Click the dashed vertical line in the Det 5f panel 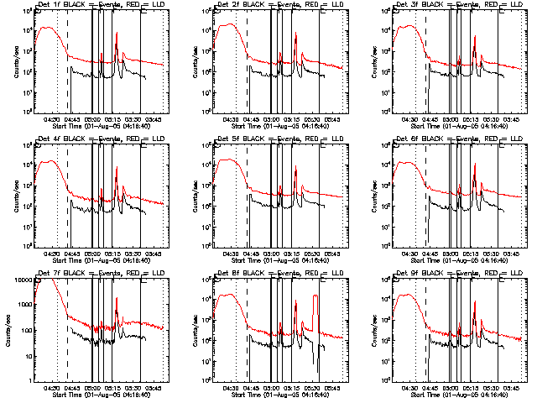pyautogui.click(x=247, y=193)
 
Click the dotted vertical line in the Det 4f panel pyautogui.click(x=57, y=193)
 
